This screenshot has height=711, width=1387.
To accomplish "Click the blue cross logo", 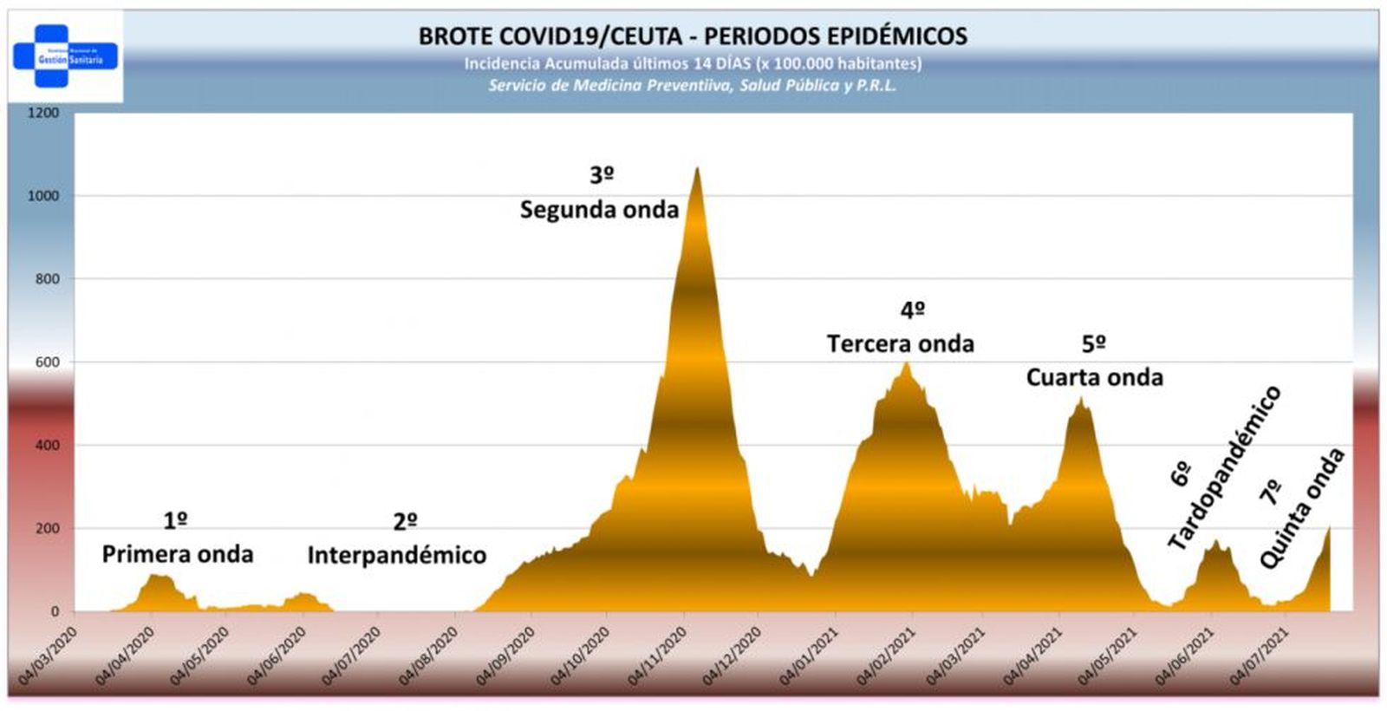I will click(x=65, y=56).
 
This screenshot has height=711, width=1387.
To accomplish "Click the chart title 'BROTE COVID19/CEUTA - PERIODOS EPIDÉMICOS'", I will click(x=693, y=36).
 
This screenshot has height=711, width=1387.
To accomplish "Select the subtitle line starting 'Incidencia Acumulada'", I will click(x=693, y=63).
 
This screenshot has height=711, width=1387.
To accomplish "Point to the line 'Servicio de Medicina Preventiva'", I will click(x=693, y=85).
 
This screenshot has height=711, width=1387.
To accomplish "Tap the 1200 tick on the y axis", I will click(x=43, y=113).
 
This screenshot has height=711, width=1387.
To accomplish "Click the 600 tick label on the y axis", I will click(x=48, y=362).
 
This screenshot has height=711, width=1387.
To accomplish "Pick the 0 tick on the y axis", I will click(x=55, y=611).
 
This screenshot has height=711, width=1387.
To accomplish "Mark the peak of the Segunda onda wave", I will click(x=697, y=168).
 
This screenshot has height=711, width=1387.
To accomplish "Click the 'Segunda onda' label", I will click(x=599, y=210).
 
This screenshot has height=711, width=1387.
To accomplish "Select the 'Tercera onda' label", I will click(x=900, y=344).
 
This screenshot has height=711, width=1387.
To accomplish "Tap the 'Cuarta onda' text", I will click(x=1094, y=377).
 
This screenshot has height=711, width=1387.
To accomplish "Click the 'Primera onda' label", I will click(x=178, y=554).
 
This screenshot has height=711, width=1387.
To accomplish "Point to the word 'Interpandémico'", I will click(x=397, y=555).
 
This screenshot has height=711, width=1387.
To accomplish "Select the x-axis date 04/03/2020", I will click(x=49, y=656).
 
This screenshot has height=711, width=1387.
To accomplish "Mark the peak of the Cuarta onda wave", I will click(x=1080, y=398).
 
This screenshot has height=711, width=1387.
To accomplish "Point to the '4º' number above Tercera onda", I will click(x=912, y=310).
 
